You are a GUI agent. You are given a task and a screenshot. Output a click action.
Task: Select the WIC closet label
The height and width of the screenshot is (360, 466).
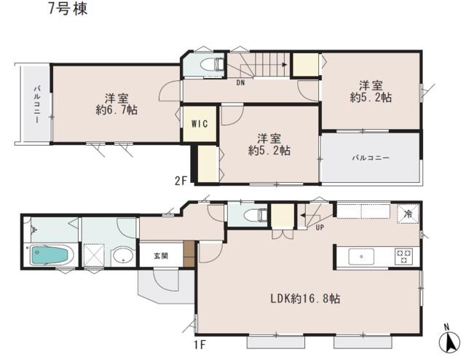coord(200,123)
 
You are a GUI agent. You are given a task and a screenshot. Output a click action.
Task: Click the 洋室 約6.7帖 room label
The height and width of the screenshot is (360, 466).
coord(111,103)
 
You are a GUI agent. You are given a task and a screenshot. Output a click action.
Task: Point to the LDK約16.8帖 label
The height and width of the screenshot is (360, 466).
coord(307,299)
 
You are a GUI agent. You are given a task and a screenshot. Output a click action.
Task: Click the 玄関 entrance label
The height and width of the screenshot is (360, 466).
coord(160,256)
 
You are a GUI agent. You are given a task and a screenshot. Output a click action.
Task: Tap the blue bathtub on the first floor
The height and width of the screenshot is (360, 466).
coord(50,256)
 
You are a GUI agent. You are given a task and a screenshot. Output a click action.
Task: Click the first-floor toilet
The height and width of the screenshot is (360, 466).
coord(251,216)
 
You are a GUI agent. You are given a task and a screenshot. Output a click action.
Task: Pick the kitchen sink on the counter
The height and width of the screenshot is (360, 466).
coord(361,256)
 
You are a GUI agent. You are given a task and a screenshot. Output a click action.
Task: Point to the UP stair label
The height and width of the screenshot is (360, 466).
coord(320,227)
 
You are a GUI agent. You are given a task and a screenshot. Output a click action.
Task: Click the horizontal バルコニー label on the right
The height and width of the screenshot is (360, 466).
coord(371,157)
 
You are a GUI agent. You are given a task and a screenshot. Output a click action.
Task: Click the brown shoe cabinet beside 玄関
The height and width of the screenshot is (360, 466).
coord(189,255)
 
